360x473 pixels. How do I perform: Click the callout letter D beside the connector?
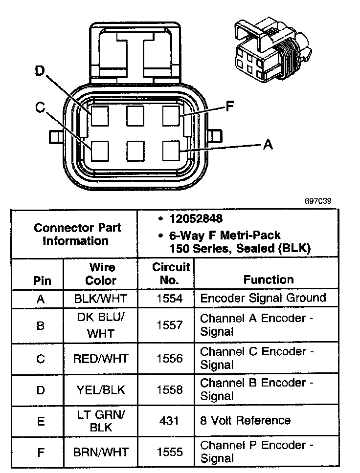click(x=40, y=72)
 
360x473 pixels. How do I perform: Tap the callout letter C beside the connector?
click(x=41, y=107)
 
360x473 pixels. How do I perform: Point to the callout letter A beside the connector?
click(x=267, y=144)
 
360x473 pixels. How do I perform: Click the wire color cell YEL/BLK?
click(x=100, y=389)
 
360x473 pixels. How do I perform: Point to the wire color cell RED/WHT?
click(x=100, y=359)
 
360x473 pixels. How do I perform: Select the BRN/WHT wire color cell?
click(x=100, y=451)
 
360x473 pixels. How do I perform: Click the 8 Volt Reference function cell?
click(x=245, y=420)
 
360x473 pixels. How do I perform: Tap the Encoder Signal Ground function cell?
click(x=263, y=298)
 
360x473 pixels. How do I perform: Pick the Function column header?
click(x=269, y=279)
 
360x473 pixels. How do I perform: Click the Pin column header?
click(x=41, y=281)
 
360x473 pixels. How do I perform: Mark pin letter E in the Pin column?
click(x=41, y=420)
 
